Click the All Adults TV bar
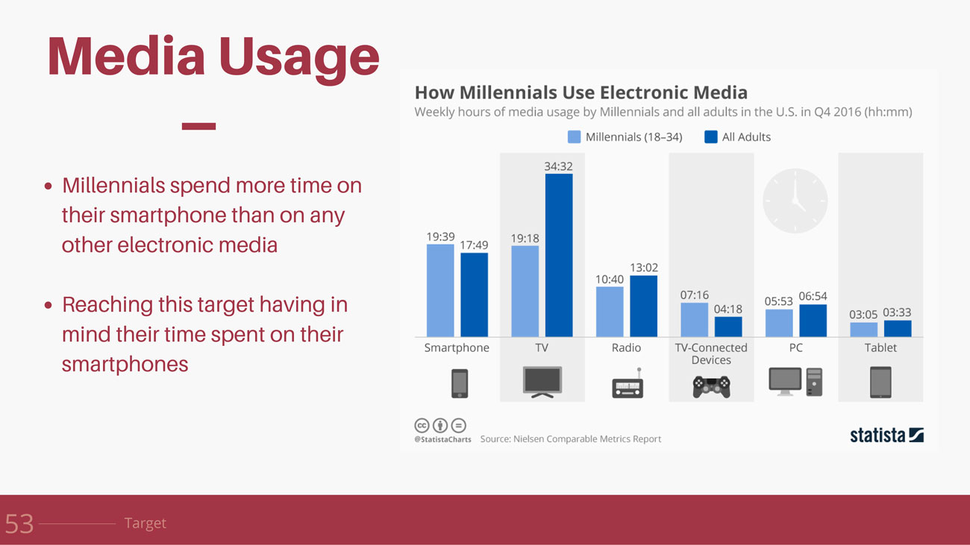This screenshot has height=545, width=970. click(559, 255)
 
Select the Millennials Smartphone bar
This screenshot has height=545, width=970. click(440, 291)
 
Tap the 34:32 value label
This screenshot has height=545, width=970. click(558, 166)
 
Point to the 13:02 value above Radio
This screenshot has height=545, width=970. click(644, 268)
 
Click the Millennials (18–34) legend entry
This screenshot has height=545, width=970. click(625, 137)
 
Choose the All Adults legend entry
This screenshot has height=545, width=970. click(738, 137)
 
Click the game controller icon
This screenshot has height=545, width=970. click(711, 385)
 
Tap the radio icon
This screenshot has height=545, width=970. click(627, 385)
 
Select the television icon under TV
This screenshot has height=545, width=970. click(542, 382)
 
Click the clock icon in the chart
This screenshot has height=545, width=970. click(795, 201)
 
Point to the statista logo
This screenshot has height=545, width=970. click(886, 435)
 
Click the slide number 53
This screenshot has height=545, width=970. click(19, 523)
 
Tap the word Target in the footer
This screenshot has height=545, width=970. click(145, 523)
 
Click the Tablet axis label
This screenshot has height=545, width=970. click(880, 347)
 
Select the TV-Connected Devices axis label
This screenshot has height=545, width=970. click(711, 353)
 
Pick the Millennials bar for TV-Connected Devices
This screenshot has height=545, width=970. click(694, 320)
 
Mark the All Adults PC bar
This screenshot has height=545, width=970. click(813, 321)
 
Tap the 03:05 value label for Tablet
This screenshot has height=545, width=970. click(863, 315)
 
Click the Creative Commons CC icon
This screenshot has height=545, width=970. click(422, 426)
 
